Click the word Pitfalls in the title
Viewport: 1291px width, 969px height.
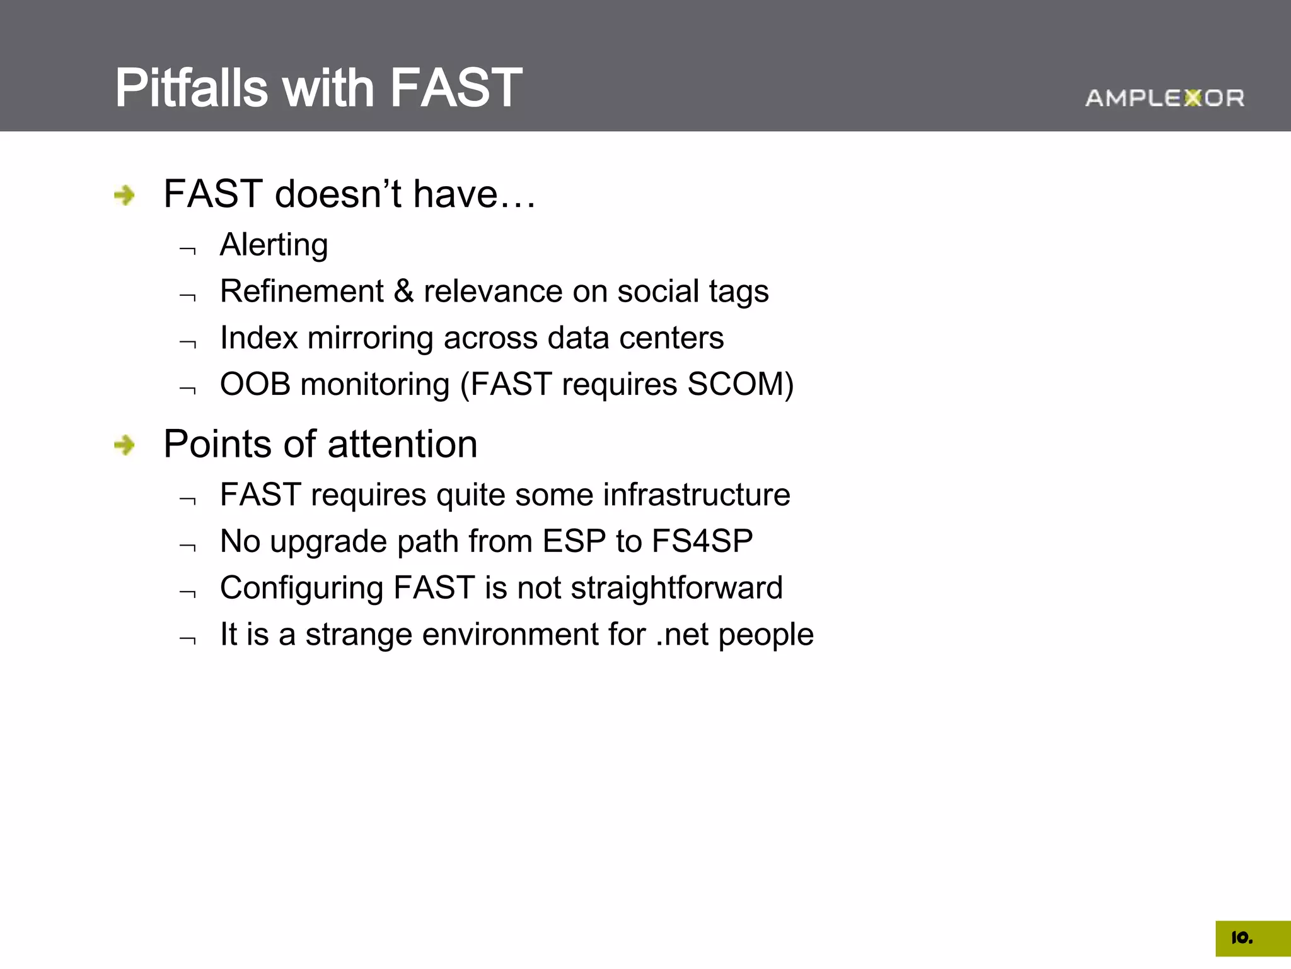tap(191, 88)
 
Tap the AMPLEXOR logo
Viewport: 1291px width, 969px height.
tap(1164, 98)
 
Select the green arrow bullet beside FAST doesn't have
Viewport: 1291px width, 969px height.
tap(125, 195)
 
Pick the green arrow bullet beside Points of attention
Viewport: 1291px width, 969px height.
tap(125, 445)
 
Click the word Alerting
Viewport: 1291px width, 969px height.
tap(274, 245)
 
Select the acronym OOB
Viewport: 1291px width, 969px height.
tap(255, 384)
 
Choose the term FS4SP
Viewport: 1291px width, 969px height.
tap(702, 541)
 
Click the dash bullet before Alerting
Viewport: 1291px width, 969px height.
tap(188, 250)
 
